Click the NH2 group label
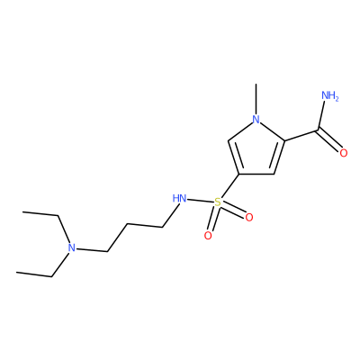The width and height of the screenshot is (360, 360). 330,96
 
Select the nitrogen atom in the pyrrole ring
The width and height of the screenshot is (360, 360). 256,119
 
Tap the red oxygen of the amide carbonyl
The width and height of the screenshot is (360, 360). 344,153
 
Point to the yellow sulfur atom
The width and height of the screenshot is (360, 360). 218,202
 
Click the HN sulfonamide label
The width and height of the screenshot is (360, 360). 179,198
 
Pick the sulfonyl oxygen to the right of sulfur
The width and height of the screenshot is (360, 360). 249,217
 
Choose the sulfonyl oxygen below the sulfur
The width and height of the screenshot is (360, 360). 208,236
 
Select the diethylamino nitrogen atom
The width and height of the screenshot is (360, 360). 71,248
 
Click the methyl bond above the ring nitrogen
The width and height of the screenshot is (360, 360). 256,99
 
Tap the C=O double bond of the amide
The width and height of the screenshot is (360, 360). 328,140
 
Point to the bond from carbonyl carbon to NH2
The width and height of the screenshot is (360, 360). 321,117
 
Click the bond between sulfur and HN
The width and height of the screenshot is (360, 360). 201,201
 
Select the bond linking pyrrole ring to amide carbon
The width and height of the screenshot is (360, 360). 300,135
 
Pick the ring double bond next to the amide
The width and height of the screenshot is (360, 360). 277,157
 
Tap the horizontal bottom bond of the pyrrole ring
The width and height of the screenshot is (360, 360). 256,174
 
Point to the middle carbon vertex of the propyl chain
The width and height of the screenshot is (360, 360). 127,224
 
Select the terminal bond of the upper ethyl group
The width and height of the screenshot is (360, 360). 40,213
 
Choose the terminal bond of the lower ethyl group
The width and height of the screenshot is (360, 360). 34,274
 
